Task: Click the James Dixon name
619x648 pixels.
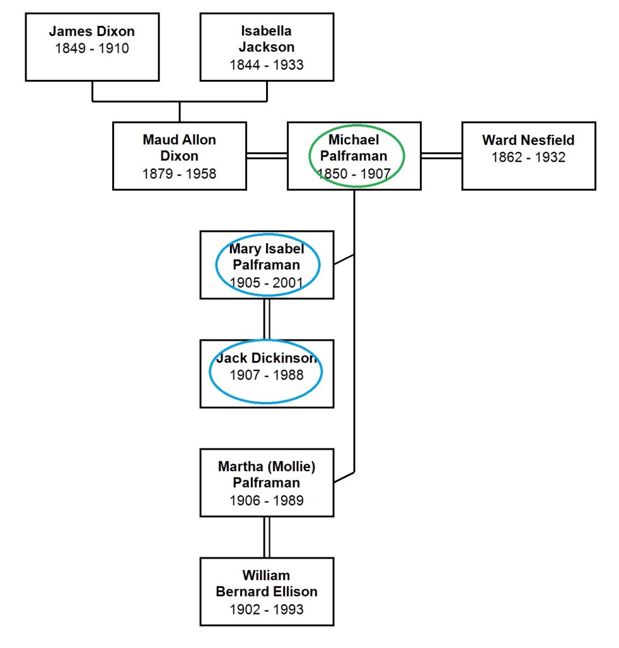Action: click(92, 32)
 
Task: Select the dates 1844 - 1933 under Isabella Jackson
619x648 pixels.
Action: click(266, 65)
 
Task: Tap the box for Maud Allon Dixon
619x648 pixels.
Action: click(179, 156)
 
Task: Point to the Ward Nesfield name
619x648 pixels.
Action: click(528, 140)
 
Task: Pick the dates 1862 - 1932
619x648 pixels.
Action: click(528, 157)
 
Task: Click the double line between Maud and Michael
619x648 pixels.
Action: click(267, 156)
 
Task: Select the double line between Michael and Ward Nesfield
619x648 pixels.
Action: click(442, 156)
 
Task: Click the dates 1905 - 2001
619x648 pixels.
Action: click(266, 283)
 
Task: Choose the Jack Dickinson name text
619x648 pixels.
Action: click(266, 359)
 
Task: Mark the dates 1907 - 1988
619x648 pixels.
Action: click(266, 375)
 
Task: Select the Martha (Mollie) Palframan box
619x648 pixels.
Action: click(267, 483)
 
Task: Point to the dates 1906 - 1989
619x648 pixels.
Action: click(266, 500)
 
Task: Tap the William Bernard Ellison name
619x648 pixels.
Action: click(266, 583)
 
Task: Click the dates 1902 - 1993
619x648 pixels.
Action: click(266, 609)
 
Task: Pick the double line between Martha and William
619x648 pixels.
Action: click(267, 537)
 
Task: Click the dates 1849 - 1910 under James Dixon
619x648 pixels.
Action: click(92, 49)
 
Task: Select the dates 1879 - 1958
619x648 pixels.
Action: click(179, 174)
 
